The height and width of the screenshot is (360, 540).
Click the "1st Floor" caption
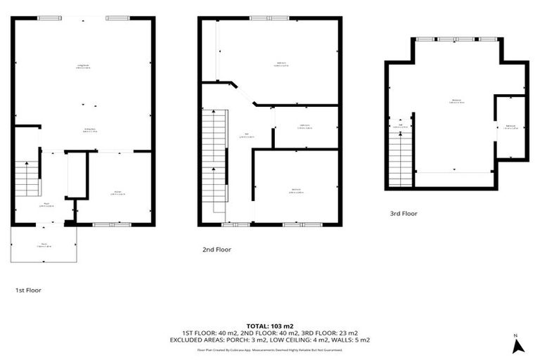[x=29, y=289]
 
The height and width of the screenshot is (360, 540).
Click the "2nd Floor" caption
[x=217, y=249]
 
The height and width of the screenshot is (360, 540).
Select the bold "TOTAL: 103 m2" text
[x=270, y=326]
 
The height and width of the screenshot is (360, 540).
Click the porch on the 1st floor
[x=44, y=245]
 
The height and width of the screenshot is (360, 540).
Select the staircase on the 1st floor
[x=26, y=179]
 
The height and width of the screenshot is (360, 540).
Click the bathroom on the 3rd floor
[x=511, y=127]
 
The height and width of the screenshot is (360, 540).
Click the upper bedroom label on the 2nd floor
[x=281, y=65]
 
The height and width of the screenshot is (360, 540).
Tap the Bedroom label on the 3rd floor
[x=456, y=103]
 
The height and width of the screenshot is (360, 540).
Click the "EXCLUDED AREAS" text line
[x=270, y=340]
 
